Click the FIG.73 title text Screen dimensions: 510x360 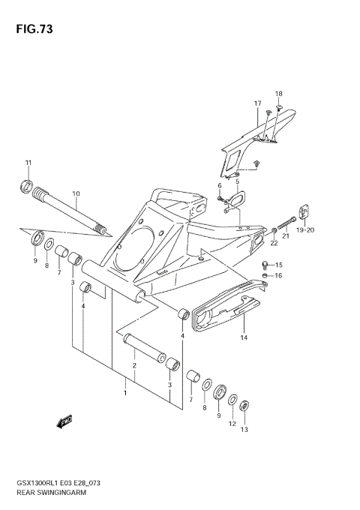point(32,29)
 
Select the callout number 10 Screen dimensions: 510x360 point(76,194)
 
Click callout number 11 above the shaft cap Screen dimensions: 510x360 point(28,163)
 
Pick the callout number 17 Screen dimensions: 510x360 point(256,103)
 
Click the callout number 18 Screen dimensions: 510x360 point(278,94)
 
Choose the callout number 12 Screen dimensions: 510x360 point(232,423)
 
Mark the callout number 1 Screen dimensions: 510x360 point(125,392)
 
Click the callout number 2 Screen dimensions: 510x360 point(133,365)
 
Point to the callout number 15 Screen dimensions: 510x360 point(278,265)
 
